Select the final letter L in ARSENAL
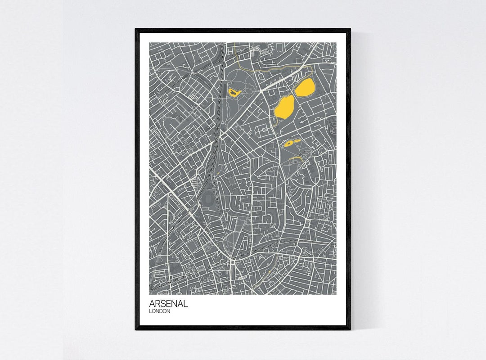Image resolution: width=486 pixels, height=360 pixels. pos(185,304)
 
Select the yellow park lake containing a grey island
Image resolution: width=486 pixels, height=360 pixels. pos(234,93)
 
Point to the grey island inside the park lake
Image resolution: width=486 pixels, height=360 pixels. pos(234,92)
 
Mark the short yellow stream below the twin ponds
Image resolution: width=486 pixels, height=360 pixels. pos(295,158)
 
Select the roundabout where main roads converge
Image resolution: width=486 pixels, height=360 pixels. pos(232,260)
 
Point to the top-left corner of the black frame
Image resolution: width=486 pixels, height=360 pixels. pos(136,29)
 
